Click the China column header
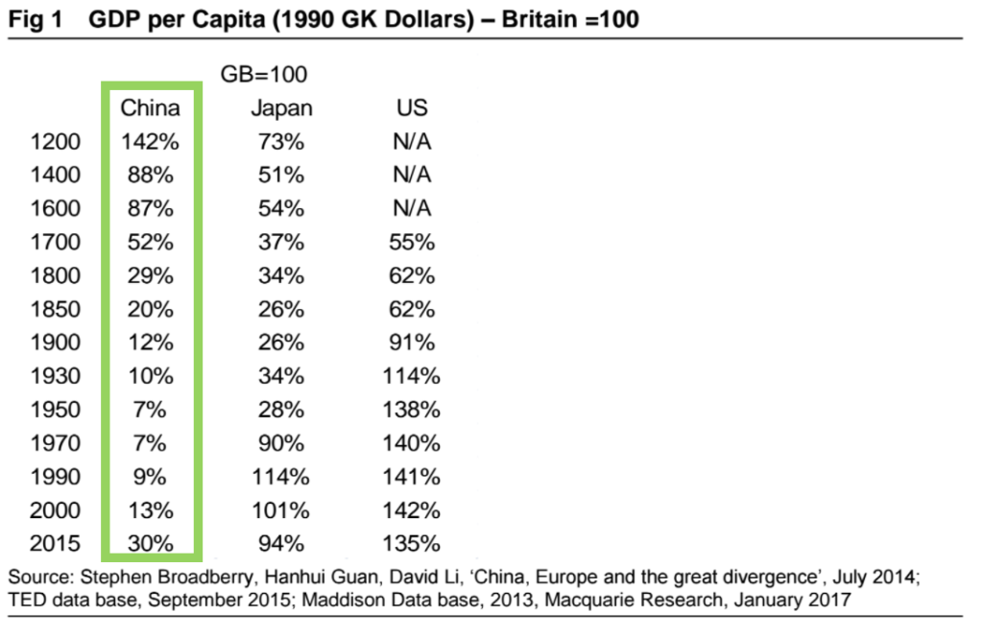150,107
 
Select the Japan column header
281,107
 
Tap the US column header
412,107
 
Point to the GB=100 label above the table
264,74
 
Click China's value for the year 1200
150,142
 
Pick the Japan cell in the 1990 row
281,477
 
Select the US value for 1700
412,243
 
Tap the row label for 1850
56,310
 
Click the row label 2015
56,544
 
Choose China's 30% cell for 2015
150,544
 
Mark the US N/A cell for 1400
412,176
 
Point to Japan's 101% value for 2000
281,510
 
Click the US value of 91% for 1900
412,343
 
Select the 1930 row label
56,377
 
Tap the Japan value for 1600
281,209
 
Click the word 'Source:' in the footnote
37,578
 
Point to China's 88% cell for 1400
150,176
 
